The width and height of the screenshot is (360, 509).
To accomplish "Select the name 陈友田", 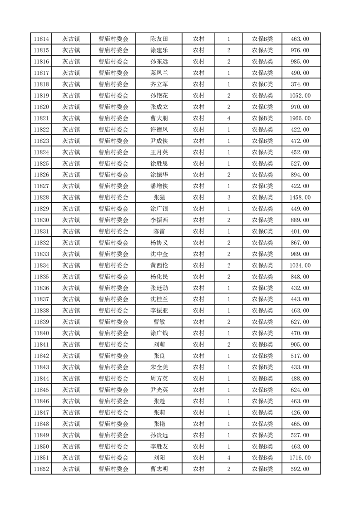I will (x=159, y=39).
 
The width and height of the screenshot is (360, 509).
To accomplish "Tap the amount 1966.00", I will (x=300, y=118).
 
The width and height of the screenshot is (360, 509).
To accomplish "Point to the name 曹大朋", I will (x=159, y=118).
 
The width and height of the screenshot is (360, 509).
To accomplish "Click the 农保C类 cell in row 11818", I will (x=262, y=84).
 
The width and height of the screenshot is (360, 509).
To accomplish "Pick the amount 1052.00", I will (x=300, y=96).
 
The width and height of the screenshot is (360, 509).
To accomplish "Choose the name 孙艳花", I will (x=159, y=96).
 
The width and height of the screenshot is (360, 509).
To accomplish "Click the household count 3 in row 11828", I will (x=228, y=197).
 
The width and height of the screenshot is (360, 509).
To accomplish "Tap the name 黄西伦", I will (x=159, y=265).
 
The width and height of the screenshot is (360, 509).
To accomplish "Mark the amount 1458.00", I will (x=300, y=197).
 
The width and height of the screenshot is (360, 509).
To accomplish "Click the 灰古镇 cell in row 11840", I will (x=71, y=333).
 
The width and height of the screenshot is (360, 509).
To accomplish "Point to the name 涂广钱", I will (x=159, y=333).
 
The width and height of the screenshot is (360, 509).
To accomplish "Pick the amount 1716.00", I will (x=300, y=458).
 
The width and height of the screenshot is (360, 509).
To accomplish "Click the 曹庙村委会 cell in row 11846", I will (x=113, y=401).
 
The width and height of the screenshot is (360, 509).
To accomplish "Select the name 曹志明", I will (x=159, y=469).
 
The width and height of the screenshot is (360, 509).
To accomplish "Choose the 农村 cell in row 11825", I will (x=198, y=164).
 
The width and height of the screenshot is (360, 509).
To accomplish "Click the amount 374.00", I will (x=300, y=84).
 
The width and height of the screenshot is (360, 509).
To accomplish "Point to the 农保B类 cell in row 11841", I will (x=262, y=344).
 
